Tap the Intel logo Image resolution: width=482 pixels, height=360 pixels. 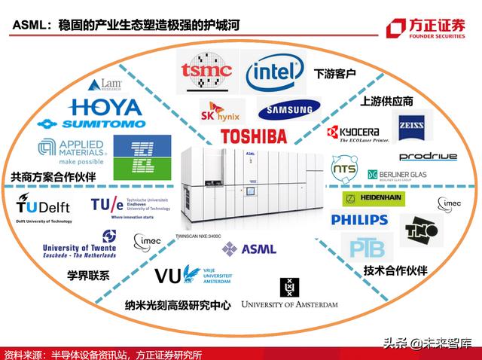tap(275, 72)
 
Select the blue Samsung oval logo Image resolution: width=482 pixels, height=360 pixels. tap(284, 111)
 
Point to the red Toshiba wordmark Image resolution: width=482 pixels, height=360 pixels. tap(254, 136)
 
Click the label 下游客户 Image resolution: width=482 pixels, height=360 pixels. tap(333, 75)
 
